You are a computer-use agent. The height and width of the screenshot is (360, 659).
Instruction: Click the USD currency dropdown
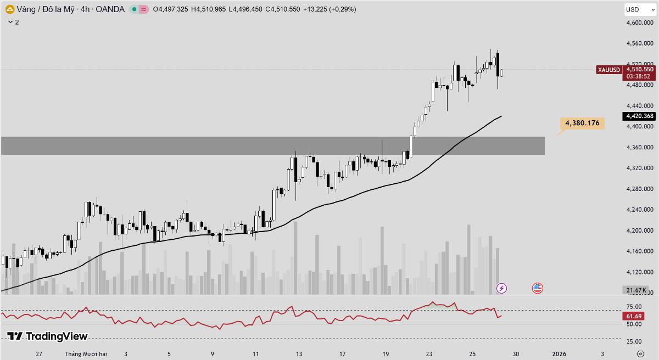click(639, 9)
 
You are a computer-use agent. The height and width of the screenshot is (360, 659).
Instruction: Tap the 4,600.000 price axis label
click(640, 22)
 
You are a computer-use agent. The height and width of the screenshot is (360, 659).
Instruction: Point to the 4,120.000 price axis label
click(640, 272)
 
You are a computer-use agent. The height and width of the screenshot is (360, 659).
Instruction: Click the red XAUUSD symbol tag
click(609, 70)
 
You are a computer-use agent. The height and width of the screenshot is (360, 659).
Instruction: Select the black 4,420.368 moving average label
click(639, 116)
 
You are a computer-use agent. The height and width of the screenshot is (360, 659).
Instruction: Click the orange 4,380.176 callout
click(582, 123)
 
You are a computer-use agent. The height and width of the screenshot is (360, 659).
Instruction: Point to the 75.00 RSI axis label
click(634, 307)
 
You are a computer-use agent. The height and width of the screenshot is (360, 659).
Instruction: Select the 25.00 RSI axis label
click(634, 342)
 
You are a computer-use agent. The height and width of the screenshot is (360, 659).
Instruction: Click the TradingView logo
click(47, 336)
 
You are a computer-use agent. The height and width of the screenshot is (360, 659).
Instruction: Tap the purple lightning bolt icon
click(501, 288)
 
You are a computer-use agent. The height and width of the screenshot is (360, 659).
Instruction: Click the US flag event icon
click(537, 288)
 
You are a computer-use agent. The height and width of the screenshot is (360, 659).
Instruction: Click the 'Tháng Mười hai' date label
click(86, 354)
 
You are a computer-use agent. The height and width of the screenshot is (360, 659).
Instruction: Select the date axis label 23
click(429, 354)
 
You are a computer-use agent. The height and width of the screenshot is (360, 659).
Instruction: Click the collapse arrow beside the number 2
click(10, 22)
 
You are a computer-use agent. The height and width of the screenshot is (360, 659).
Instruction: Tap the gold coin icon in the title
click(9, 9)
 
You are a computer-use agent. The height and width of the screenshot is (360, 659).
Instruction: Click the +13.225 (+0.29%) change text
click(328, 9)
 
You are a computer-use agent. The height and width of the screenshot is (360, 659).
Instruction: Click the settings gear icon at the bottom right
click(640, 354)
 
